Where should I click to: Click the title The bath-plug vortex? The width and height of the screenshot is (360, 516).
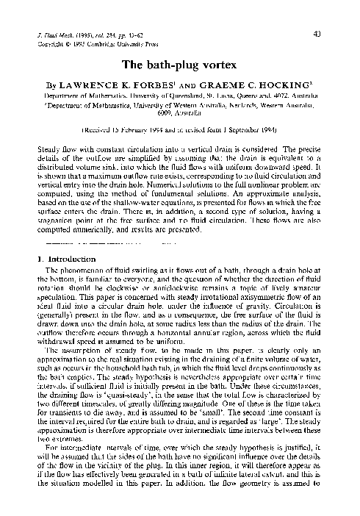point(179,65)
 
